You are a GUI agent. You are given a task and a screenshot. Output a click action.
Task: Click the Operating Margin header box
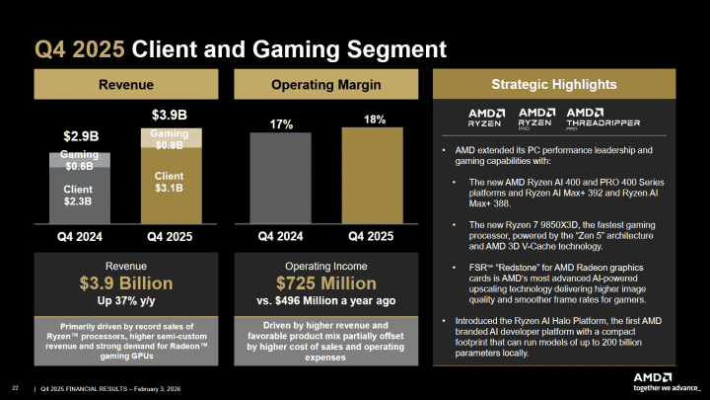[x=323, y=85]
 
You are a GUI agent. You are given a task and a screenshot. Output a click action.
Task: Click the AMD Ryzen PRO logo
[x=537, y=119]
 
